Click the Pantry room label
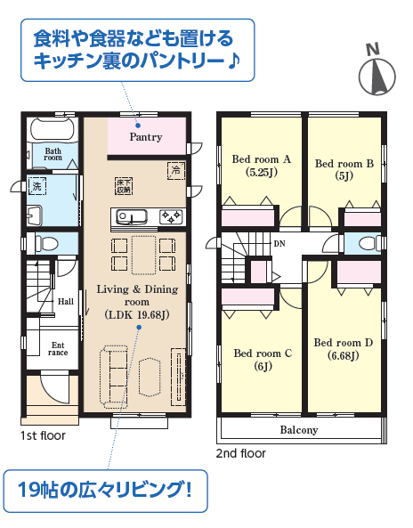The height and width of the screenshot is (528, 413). click(146, 137)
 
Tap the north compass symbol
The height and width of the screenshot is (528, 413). click(377, 72)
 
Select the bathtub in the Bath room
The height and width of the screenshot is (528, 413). click(53, 128)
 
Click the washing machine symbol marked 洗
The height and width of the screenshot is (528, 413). click(36, 186)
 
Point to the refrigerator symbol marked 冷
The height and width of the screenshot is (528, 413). click(176, 170)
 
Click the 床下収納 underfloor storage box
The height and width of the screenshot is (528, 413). click(124, 186)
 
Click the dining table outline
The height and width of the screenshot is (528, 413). click(144, 255)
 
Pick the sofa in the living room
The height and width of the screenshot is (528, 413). click(113, 377)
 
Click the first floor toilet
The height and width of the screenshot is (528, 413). click(46, 243)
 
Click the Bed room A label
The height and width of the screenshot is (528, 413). click(261, 159)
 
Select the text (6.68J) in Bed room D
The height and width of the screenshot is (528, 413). click(343, 355)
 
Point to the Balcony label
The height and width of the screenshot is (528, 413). click(299, 430)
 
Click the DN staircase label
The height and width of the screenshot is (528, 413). click(279, 243)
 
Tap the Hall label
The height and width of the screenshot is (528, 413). click(65, 301)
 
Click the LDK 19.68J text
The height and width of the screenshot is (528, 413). click(137, 315)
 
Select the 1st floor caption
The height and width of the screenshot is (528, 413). click(43, 435)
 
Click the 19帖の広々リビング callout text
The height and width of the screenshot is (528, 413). click(105, 490)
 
